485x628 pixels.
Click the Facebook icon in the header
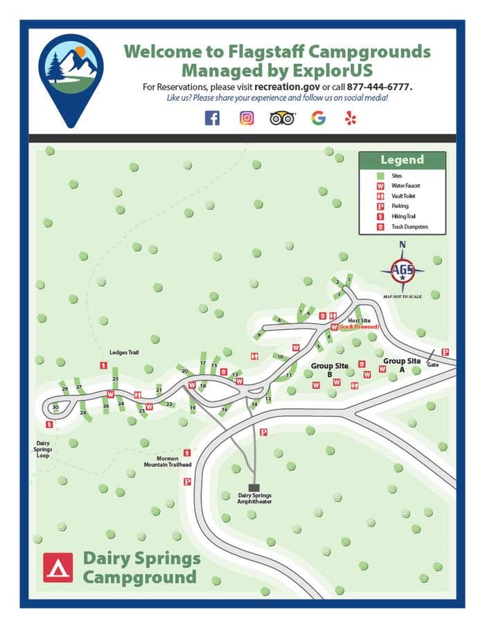coord(212,118)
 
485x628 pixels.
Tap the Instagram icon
coord(247,118)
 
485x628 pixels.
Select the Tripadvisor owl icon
coord(283,118)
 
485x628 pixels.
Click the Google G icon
coord(318,118)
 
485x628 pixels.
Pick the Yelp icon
coord(351,118)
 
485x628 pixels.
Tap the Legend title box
coord(402,160)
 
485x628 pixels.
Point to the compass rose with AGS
coord(402,270)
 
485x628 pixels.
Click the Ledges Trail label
coord(124,352)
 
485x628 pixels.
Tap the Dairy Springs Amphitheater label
coord(254,498)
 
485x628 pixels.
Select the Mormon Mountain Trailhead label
coord(168,461)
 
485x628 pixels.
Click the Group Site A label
coord(402,361)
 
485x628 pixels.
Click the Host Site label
coord(360,321)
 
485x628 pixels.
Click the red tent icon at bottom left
coord(58,567)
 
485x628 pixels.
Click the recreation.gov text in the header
coord(286,87)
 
